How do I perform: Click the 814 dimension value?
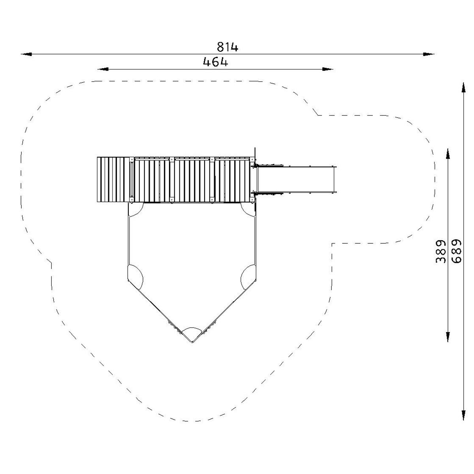pos(228,47)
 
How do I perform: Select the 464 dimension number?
pos(216,62)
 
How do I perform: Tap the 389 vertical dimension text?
pos(440,251)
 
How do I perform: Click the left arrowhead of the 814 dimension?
pos(26,54)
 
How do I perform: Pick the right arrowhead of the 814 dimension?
pos(429,54)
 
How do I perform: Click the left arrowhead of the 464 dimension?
pos(103,70)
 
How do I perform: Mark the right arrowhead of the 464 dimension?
pos(327,70)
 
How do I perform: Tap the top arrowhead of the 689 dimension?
pos(463,88)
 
